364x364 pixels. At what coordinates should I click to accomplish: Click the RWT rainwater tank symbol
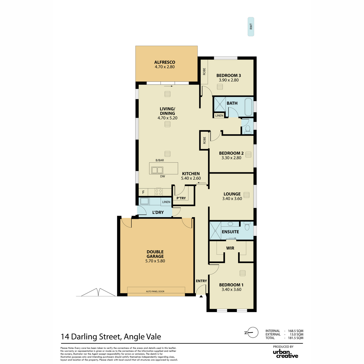(x=251, y=27)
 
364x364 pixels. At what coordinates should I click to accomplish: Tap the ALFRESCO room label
(x=164, y=62)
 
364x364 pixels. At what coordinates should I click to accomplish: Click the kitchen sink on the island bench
(x=157, y=170)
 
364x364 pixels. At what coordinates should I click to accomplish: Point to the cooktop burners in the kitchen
(x=158, y=192)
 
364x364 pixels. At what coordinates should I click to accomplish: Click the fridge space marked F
(x=143, y=192)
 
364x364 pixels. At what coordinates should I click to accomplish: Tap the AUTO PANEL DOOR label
(x=155, y=291)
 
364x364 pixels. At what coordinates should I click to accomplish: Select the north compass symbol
(x=251, y=338)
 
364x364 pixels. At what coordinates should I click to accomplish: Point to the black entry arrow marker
(x=201, y=296)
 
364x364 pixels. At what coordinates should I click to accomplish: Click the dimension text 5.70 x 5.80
(x=155, y=261)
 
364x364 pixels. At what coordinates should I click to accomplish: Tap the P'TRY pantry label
(x=181, y=198)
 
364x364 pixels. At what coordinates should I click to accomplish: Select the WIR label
(x=230, y=248)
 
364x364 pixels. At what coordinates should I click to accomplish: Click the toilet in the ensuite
(x=247, y=226)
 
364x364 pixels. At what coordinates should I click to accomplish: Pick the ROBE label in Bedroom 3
(x=204, y=72)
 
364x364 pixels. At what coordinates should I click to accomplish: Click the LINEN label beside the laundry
(x=166, y=202)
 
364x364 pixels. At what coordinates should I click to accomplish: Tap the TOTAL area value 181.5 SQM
(x=295, y=338)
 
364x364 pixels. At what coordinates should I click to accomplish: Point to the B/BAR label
(x=160, y=160)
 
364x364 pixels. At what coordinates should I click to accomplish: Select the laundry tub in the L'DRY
(x=144, y=201)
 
